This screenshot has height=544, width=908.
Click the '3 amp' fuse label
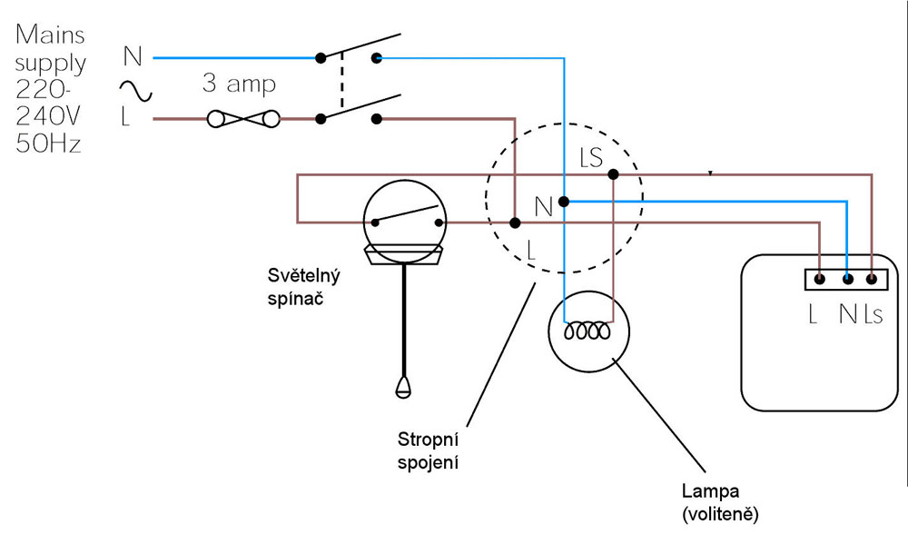(239, 84)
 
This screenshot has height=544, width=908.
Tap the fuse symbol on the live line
(242, 118)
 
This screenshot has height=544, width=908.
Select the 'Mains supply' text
(50, 49)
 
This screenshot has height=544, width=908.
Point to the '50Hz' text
(49, 143)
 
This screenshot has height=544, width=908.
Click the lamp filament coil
(587, 333)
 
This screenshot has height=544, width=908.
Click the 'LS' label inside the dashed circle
(590, 157)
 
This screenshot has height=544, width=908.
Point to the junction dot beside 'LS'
(613, 173)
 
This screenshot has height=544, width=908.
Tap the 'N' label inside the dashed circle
(543, 207)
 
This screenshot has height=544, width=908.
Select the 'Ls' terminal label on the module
(873, 314)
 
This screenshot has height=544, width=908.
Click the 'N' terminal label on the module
(848, 314)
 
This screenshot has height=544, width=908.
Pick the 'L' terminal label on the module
(814, 314)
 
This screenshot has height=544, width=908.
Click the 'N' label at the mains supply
(133, 57)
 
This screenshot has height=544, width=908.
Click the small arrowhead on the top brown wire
(710, 173)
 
